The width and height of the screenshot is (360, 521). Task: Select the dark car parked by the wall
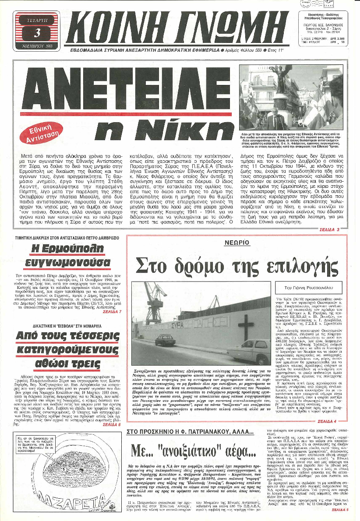[x=153, y=340]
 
